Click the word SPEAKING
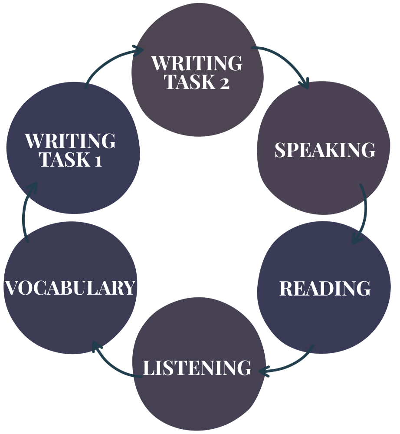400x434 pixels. [325, 150]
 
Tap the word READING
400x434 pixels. [325, 289]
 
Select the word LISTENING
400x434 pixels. [197, 368]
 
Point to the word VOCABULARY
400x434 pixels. [70, 288]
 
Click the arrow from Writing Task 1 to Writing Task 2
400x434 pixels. [109, 61]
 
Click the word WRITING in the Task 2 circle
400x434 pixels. [197, 63]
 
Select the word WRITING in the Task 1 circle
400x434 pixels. [70, 141]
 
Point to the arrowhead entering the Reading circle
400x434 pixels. [357, 238]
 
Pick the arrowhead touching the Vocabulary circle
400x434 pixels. [96, 346]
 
